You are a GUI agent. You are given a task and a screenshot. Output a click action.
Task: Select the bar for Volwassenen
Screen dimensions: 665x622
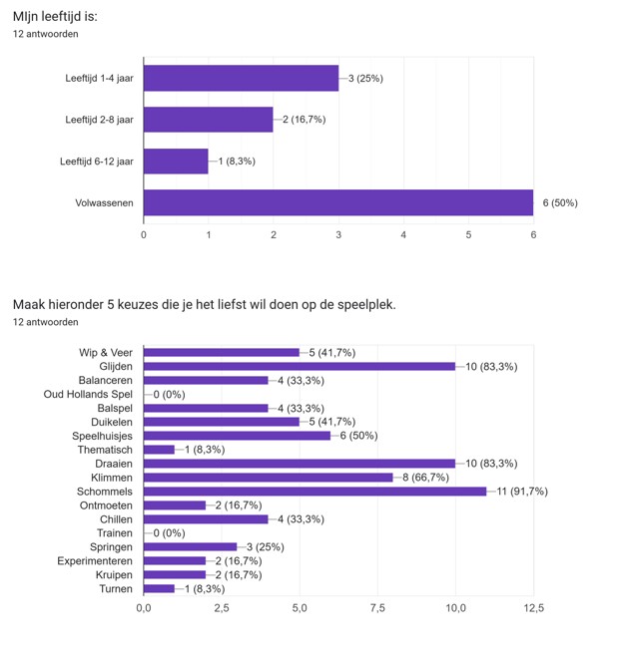[x=338, y=202]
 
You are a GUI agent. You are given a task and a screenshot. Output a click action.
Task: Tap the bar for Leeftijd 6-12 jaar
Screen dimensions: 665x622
[x=176, y=161]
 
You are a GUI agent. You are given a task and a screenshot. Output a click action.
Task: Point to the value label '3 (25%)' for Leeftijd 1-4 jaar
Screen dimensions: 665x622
[x=365, y=78]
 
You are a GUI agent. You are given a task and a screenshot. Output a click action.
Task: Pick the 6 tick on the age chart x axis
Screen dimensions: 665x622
[x=533, y=234]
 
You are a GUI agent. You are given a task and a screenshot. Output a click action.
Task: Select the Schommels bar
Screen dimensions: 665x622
[x=314, y=492]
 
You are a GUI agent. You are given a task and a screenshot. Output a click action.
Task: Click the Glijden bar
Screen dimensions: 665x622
[x=300, y=366]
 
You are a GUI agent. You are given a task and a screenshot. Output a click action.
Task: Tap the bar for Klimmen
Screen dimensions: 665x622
[x=269, y=478]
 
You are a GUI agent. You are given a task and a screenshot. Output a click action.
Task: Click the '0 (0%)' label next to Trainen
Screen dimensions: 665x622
[x=171, y=533]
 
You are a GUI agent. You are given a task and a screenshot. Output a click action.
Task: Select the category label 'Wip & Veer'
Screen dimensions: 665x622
[x=105, y=352]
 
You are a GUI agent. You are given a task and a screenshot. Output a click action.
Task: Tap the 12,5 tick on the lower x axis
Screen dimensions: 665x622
[x=533, y=607]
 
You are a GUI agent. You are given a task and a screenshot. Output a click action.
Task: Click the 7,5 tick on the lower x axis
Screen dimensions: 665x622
[x=377, y=607]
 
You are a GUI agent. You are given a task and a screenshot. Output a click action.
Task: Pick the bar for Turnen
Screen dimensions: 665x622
[x=160, y=589]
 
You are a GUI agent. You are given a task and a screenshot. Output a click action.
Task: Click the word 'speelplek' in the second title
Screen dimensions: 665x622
[x=367, y=304]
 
